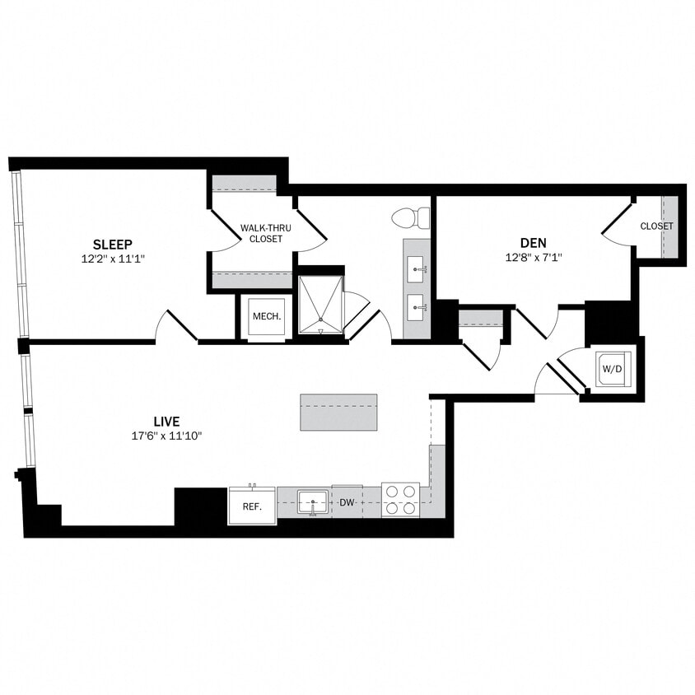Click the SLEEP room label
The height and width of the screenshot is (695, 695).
[x=113, y=244]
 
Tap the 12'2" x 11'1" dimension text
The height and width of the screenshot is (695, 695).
[x=113, y=258]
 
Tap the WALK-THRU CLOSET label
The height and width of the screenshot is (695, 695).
[x=261, y=233]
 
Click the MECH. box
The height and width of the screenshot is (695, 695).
[x=267, y=317]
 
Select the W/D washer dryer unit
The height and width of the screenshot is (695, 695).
[x=612, y=370]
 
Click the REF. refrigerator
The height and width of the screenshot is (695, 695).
[x=252, y=506]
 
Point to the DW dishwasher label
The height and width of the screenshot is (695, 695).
[x=347, y=502]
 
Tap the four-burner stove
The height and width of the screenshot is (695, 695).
[x=400, y=500]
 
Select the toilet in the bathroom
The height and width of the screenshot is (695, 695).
[x=413, y=218]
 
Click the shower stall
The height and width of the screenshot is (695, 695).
[x=320, y=305]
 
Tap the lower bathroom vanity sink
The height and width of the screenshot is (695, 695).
[x=417, y=306]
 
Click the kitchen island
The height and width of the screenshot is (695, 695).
[x=338, y=412]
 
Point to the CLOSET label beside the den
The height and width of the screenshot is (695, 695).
[x=656, y=226]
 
